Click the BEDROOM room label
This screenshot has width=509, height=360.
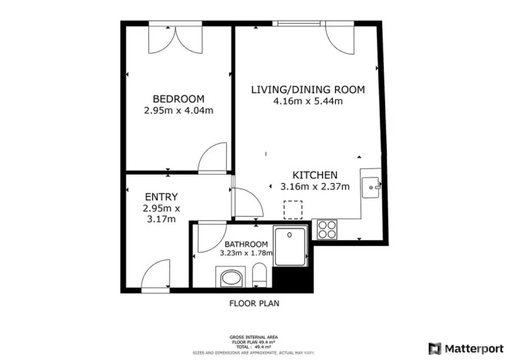[178, 98]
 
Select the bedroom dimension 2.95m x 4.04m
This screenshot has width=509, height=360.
[178, 111]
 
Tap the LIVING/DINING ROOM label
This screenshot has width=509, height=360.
[308, 89]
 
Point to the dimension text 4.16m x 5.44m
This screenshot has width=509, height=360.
[308, 101]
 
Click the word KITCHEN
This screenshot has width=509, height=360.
[315, 175]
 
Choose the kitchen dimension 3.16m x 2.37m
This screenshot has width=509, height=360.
[315, 186]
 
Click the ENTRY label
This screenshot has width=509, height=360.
[161, 196]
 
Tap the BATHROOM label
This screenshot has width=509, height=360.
[246, 245]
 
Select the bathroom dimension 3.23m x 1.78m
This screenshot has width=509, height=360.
[246, 253]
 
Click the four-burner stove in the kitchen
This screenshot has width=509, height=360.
[327, 228]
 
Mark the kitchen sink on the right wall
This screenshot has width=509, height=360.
[372, 185]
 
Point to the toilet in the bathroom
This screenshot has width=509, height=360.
[260, 274]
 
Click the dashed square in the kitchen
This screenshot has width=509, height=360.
[293, 209]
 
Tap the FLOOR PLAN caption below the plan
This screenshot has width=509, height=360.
[254, 303]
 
